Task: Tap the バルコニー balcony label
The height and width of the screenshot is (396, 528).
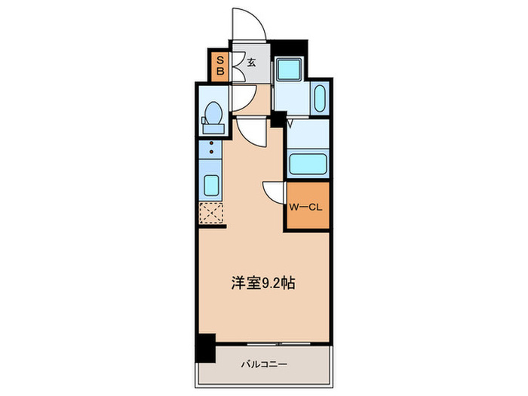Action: pos(263,365)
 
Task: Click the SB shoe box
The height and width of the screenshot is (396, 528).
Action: pos(221,66)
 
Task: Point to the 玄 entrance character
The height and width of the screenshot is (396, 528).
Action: pos(251,63)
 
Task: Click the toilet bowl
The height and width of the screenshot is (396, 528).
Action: pos(213,112)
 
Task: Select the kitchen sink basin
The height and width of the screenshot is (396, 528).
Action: pos(212,184)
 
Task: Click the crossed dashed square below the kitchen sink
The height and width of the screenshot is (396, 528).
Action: pos(212,213)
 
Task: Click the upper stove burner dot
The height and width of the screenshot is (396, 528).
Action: pos(212,143)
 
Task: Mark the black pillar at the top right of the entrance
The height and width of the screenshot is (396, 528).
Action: pos(288,48)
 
